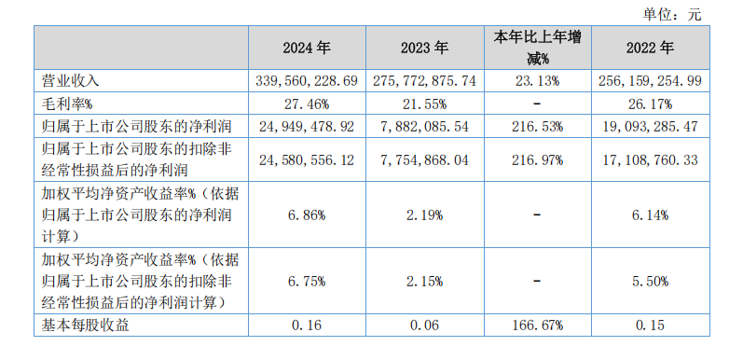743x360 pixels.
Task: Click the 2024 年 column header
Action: pyautogui.click(x=307, y=48)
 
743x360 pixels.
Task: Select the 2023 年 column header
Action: pyautogui.click(x=424, y=48)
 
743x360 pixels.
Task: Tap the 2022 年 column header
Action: pyautogui.click(x=650, y=48)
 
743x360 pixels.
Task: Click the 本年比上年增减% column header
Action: pyautogui.click(x=537, y=48)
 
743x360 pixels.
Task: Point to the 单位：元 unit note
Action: pyautogui.click(x=671, y=15)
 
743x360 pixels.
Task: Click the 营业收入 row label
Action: pyautogui.click(x=70, y=80)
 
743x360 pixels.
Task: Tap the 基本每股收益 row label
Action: pyautogui.click(x=85, y=325)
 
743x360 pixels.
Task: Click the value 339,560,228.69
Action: pyautogui.click(x=307, y=80)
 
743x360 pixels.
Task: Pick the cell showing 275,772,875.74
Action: pyautogui.click(x=424, y=80)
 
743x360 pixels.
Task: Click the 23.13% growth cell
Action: pyautogui.click(x=537, y=80)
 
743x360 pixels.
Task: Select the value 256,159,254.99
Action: pyautogui.click(x=650, y=80)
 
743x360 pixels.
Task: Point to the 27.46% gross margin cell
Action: pyautogui.click(x=307, y=104)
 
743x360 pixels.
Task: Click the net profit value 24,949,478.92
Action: pyautogui.click(x=307, y=127)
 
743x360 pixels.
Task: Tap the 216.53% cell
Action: pyautogui.click(x=537, y=127)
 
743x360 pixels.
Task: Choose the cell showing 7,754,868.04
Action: pyautogui.click(x=424, y=159)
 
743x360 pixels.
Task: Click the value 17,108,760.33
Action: pyautogui.click(x=650, y=159)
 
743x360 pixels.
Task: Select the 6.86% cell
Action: pyautogui.click(x=307, y=215)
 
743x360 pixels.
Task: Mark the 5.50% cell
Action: pyautogui.click(x=650, y=281)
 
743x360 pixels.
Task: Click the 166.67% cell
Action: pyautogui.click(x=537, y=325)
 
